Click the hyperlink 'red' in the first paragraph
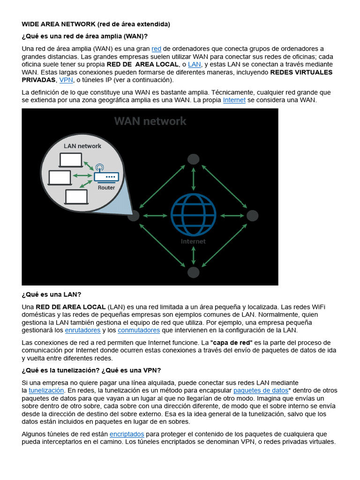click(157, 49)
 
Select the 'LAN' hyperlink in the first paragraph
click(195, 64)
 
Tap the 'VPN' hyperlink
click(66, 80)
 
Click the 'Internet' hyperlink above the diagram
click(234, 100)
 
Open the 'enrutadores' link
click(82, 330)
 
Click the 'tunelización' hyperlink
click(46, 390)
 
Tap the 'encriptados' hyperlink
click(127, 434)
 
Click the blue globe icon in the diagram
click(193, 215)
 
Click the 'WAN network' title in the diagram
click(150, 121)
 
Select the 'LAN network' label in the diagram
click(82, 146)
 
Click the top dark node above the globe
click(193, 159)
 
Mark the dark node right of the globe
click(252, 216)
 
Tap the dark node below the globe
click(193, 272)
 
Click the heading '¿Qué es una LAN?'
click(52, 294)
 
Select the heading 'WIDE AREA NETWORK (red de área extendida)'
click(96, 24)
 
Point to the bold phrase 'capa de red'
click(231, 343)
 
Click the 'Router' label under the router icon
click(106, 187)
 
